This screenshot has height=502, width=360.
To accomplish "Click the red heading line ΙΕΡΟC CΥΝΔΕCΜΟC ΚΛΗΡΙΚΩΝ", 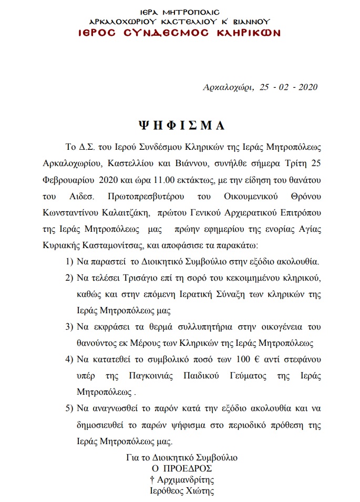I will pos(179,33).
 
